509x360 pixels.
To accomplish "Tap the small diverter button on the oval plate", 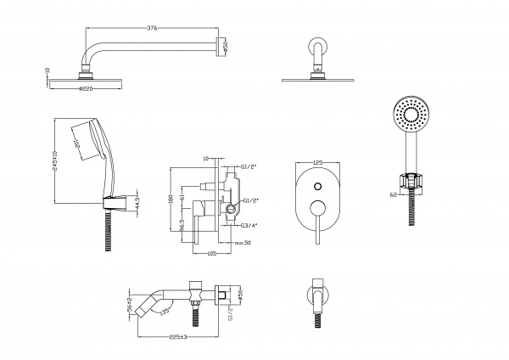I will click(x=317, y=185).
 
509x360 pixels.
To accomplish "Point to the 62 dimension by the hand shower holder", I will click(x=392, y=194).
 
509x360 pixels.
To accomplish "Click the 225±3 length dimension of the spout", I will click(x=177, y=336).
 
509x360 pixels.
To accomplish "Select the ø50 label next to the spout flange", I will click(x=240, y=294).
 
